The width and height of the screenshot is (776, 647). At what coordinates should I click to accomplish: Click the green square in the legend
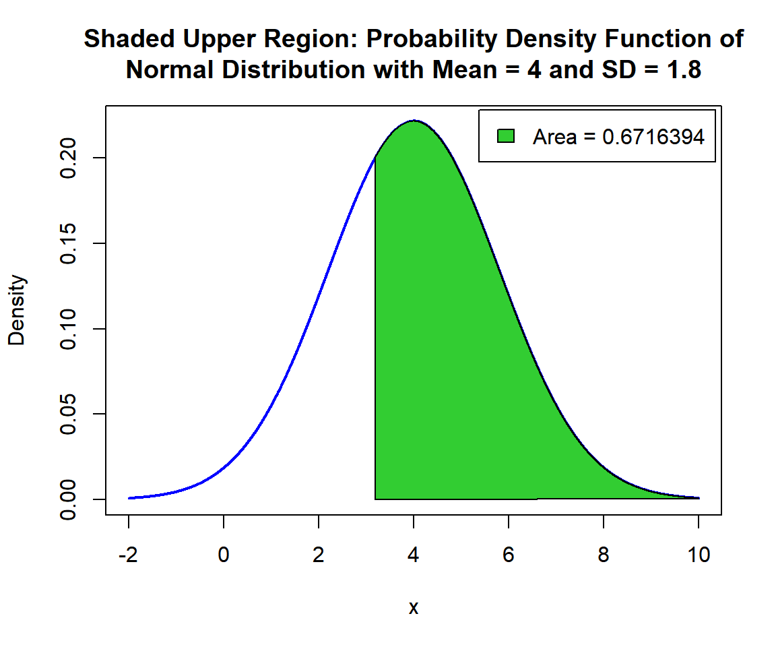[x=506, y=136]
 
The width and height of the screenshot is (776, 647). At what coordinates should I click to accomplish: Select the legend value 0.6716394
[x=653, y=137]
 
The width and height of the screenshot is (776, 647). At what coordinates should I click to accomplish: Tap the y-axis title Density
[x=17, y=310]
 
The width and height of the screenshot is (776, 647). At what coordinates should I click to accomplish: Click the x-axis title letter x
[x=414, y=608]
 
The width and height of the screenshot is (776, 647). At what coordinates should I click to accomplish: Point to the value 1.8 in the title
[x=682, y=69]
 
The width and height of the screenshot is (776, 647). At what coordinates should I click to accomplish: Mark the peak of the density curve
[x=414, y=121]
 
